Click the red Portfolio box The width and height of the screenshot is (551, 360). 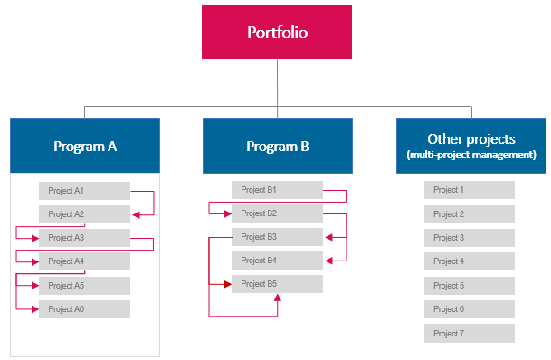click(x=277, y=32)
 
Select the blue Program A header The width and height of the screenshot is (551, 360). click(x=85, y=146)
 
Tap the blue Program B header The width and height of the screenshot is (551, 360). click(x=277, y=146)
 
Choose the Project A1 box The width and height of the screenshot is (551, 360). click(x=85, y=191)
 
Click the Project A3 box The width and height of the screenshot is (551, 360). click(x=85, y=238)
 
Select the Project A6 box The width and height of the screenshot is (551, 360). click(x=85, y=309)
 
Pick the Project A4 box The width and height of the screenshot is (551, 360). click(x=85, y=261)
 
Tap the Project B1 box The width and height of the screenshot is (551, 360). click(x=277, y=190)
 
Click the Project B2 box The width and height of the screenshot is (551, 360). click(x=277, y=213)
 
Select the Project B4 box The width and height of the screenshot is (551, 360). click(x=277, y=261)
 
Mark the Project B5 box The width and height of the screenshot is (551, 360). click(x=277, y=284)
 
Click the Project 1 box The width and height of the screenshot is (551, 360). click(x=470, y=190)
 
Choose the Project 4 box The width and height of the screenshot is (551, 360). click(x=470, y=261)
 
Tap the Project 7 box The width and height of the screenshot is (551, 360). click(x=470, y=333)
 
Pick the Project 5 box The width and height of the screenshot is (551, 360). click(x=470, y=285)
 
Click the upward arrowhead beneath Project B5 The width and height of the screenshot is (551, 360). click(x=277, y=298)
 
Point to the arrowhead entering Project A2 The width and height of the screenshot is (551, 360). click(x=136, y=214)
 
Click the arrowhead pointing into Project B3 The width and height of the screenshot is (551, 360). click(x=328, y=237)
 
